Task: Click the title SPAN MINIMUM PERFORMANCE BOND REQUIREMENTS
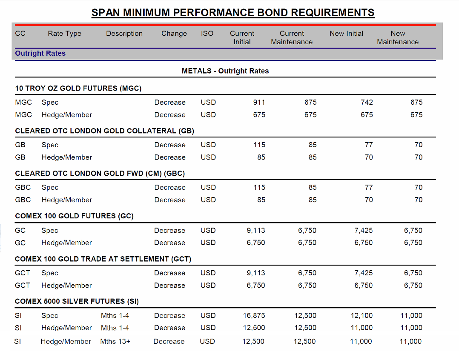point(233,13)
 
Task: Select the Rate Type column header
point(64,34)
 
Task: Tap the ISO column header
point(207,33)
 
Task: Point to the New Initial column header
point(346,33)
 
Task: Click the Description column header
point(124,34)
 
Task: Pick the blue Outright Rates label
point(40,54)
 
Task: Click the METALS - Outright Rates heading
point(225,71)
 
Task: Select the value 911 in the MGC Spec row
point(259,102)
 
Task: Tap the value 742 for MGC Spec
point(366,102)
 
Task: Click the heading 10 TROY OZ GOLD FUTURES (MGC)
point(78,89)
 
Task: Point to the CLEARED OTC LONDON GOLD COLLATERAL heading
point(104,131)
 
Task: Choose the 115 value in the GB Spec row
point(259,145)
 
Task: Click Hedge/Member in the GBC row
point(66,200)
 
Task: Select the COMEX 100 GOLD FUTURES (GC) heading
point(74,216)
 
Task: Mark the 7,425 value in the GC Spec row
point(363,230)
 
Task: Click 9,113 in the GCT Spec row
point(255,273)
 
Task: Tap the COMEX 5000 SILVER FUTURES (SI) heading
point(77,301)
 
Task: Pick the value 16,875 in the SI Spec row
point(254,315)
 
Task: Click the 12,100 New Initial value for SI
point(361,315)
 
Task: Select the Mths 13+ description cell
point(115,341)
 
